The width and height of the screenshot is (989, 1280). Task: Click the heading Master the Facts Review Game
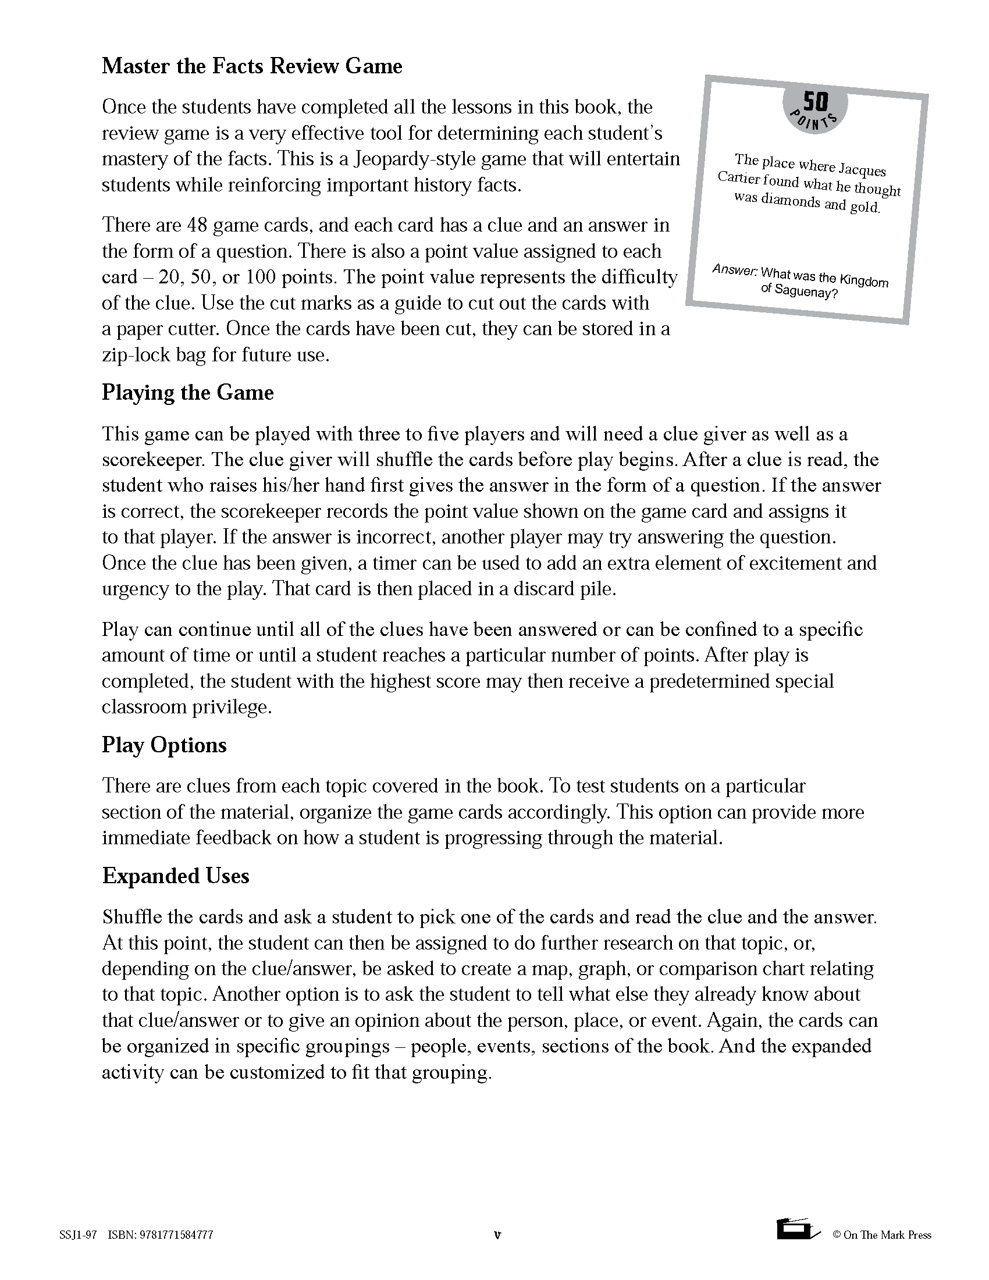pyautogui.click(x=252, y=66)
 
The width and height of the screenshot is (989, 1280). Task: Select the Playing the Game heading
pyautogui.click(x=187, y=393)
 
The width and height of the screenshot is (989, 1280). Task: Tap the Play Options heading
pyautogui.click(x=164, y=745)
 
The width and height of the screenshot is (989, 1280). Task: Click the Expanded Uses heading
pyautogui.click(x=176, y=876)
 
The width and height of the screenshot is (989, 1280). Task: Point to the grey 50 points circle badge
pyautogui.click(x=814, y=108)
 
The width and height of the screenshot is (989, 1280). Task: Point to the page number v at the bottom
pyautogui.click(x=497, y=1235)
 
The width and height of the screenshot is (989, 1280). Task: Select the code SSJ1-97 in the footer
pyautogui.click(x=78, y=1235)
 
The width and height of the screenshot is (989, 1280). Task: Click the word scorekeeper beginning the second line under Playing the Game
pyautogui.click(x=154, y=460)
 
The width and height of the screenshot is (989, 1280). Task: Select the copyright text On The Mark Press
pyautogui.click(x=887, y=1235)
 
